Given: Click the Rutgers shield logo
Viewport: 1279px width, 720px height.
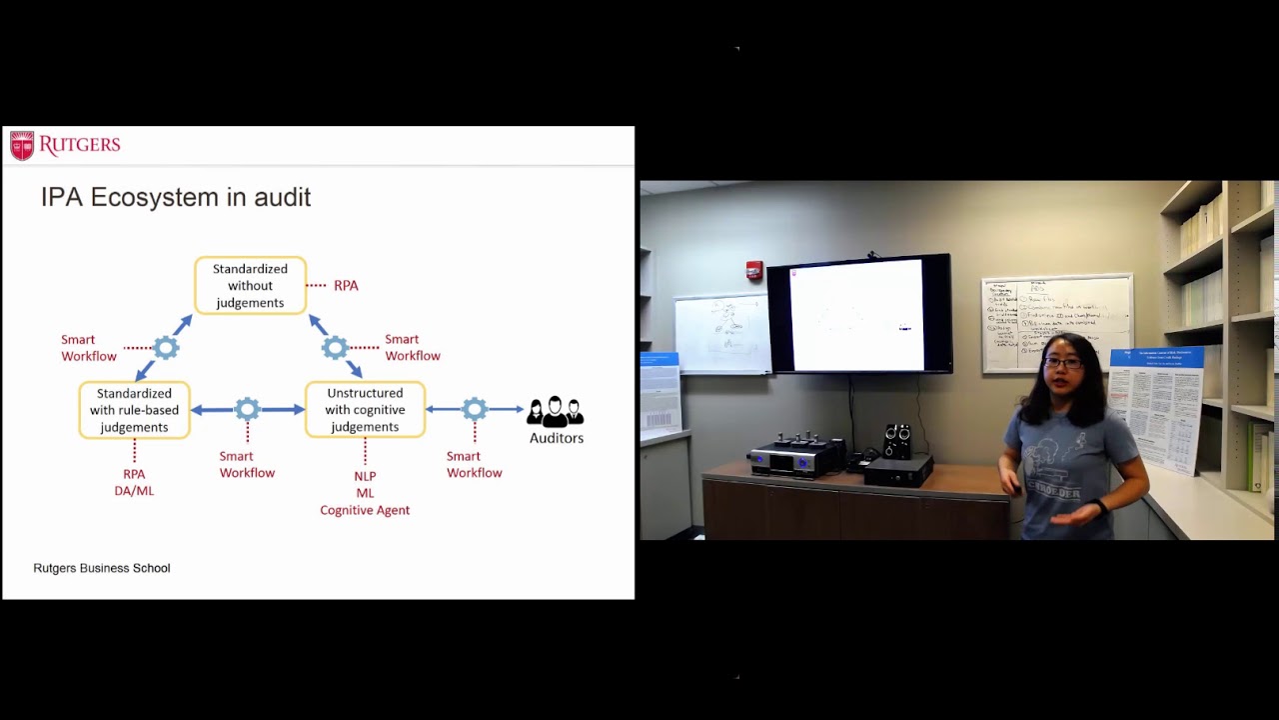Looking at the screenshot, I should tap(22, 146).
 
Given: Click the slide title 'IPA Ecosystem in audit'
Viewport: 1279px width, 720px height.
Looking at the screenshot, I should tap(176, 197).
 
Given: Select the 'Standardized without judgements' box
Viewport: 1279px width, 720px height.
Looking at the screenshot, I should tap(250, 286).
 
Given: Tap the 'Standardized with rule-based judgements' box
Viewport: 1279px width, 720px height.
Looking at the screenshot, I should tap(134, 410).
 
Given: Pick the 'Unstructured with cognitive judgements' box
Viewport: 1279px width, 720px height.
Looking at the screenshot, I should tap(365, 410).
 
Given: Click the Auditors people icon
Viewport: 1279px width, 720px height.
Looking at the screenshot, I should tap(556, 411).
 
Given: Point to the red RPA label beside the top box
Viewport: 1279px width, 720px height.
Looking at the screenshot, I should tap(346, 286).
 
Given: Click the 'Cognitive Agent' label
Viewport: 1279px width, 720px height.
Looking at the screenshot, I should tap(365, 510).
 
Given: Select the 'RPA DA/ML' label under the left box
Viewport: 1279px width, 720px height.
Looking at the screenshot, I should tap(134, 482).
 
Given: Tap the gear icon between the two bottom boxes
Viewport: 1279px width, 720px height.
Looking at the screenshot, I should tap(248, 409).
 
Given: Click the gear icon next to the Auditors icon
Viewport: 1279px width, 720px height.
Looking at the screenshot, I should tap(475, 409).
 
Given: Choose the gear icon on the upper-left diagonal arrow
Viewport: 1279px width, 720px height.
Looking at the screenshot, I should tap(166, 348).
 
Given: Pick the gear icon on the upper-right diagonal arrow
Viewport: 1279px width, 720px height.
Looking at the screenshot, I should tap(335, 348).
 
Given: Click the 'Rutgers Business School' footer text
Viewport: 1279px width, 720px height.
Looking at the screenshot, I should tap(102, 568).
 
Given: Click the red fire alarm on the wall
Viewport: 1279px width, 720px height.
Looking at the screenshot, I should tap(754, 270).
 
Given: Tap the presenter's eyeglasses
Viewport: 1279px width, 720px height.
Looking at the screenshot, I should tap(1061, 363).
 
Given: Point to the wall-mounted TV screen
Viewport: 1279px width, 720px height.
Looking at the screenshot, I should tap(857, 314).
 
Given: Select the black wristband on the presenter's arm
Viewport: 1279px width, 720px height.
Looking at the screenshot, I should tap(1100, 507).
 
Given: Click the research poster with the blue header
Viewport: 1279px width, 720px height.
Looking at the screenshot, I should tap(1157, 405).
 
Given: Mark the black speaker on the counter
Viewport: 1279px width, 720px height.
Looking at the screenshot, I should tap(897, 441).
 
